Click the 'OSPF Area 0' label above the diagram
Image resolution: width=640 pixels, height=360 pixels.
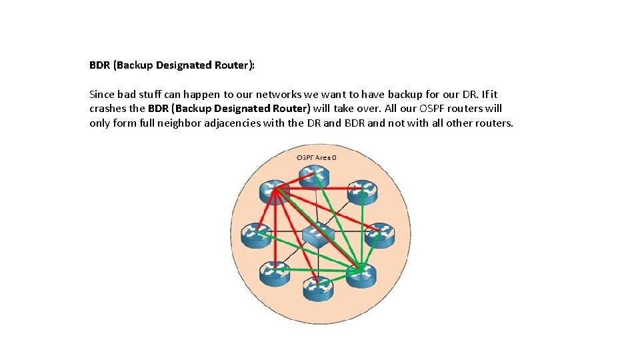pyautogui.click(x=317, y=157)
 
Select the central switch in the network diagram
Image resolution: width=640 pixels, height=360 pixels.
pyautogui.click(x=318, y=233)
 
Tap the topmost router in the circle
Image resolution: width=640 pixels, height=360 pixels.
pyautogui.click(x=315, y=176)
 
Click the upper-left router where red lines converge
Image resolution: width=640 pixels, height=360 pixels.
pyautogui.click(x=274, y=191)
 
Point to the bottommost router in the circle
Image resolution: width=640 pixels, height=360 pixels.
pyautogui.click(x=318, y=287)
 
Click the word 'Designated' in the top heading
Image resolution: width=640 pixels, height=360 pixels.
pyautogui.click(x=167, y=65)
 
